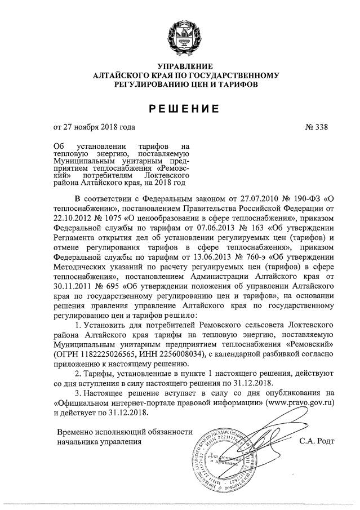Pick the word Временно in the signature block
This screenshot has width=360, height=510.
[75, 431]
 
